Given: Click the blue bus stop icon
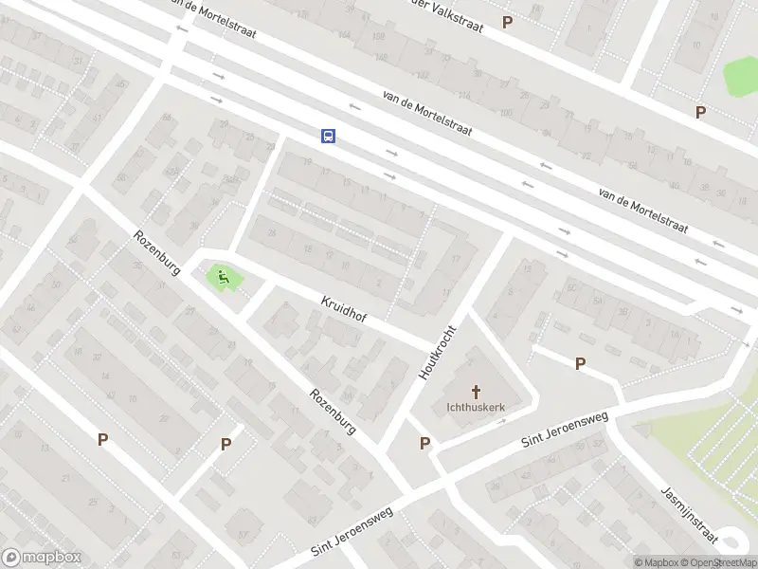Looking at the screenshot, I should [x=328, y=136].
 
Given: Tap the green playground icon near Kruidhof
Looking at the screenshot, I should [x=224, y=278].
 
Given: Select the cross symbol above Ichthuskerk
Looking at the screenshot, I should [x=477, y=392].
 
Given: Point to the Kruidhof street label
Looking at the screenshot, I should [x=344, y=308].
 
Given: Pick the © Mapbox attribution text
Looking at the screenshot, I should [x=657, y=562].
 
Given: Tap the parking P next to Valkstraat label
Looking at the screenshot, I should [x=507, y=23].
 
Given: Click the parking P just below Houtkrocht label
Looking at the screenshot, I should [x=424, y=443].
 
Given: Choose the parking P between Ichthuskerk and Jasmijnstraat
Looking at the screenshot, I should [x=580, y=363].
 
